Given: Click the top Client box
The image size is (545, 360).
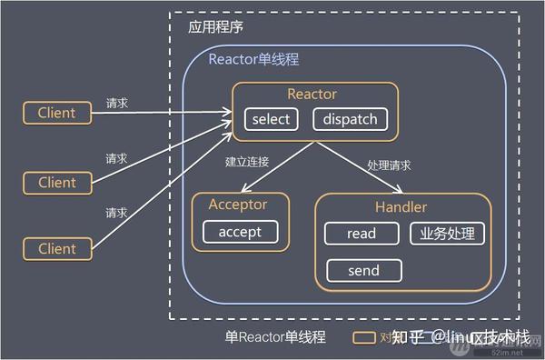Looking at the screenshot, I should click(57, 113).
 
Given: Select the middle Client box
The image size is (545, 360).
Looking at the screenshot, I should click(57, 183).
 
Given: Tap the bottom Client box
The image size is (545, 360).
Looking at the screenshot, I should click(57, 248).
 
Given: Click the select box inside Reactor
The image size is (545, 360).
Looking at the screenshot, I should click(272, 119).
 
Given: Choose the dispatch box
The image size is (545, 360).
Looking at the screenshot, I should click(351, 119).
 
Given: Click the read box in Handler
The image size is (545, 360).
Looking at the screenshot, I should click(361, 234).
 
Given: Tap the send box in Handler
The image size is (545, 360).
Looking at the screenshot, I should click(363, 270).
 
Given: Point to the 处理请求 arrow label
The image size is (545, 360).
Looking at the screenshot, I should click(389, 165).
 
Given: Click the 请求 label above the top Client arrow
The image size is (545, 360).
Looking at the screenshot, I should click(116, 103).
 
